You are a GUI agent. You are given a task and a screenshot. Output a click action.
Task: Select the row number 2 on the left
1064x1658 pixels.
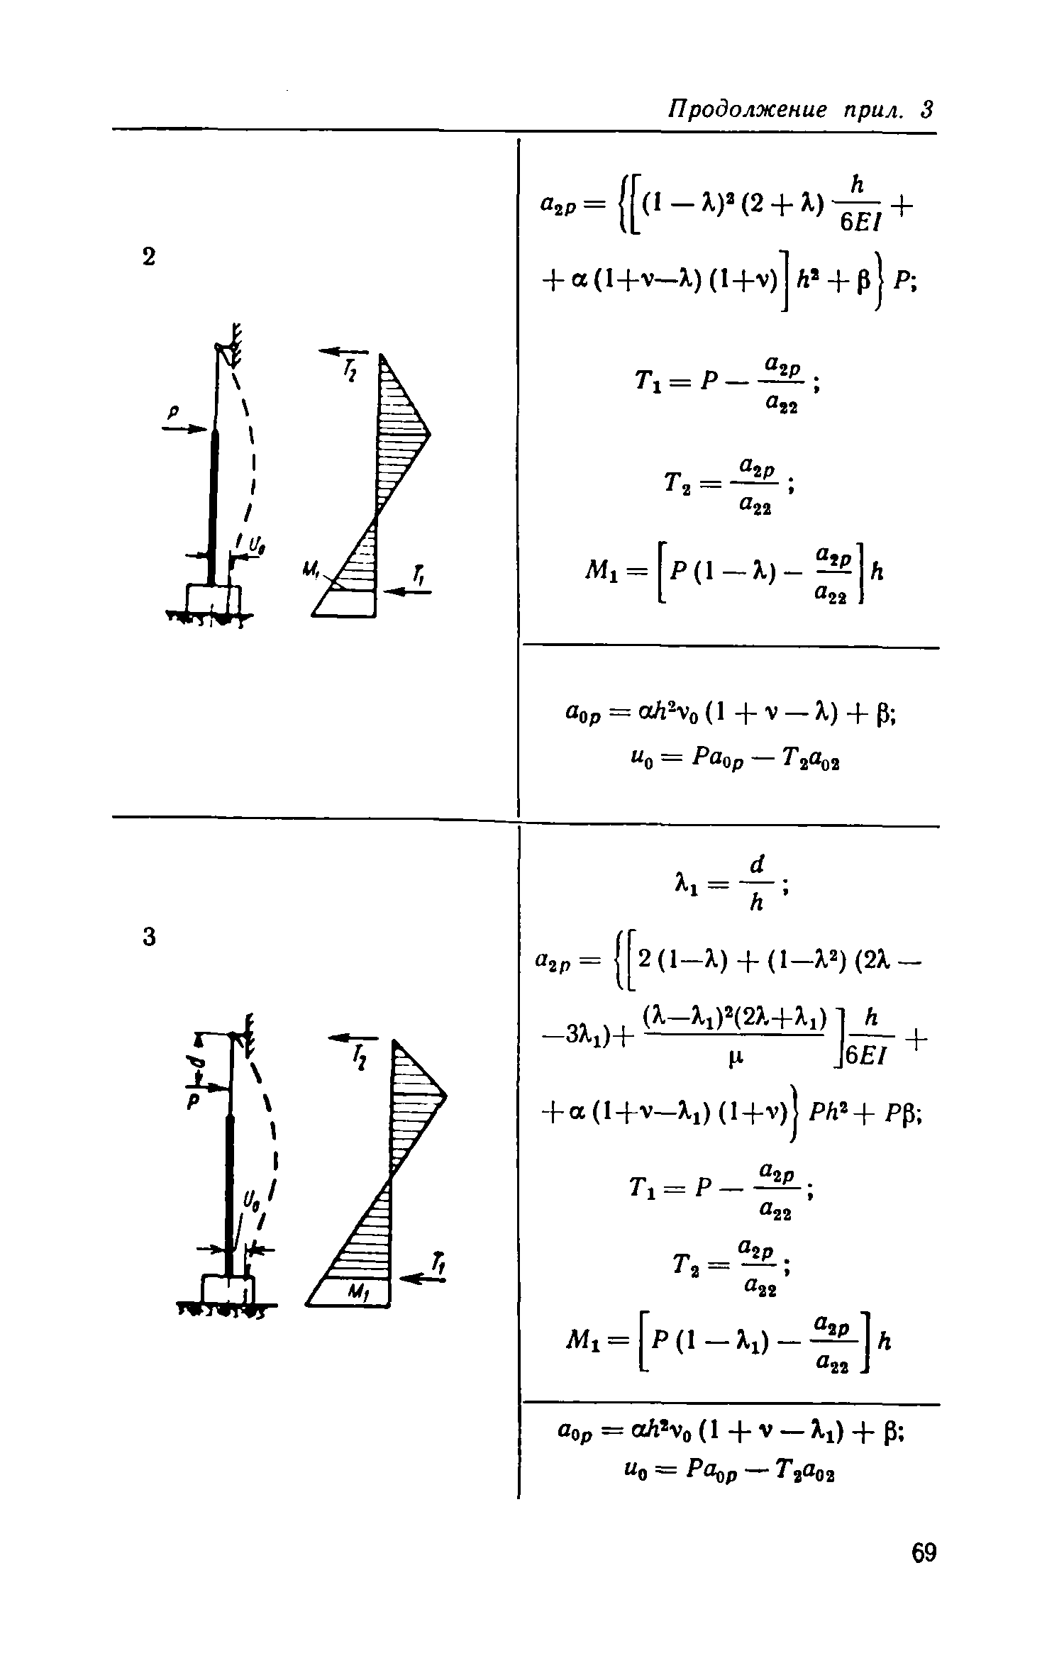click(148, 257)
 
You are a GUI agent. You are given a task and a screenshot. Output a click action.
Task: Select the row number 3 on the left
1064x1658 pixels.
click(149, 938)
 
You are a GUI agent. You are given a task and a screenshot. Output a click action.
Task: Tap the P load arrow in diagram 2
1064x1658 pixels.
click(187, 428)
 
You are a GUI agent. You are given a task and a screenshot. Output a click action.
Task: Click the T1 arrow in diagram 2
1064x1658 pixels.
click(406, 592)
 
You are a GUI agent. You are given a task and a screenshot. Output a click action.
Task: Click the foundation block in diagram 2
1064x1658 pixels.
click(213, 598)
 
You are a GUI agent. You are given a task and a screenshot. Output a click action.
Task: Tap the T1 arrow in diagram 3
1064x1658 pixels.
click(423, 1278)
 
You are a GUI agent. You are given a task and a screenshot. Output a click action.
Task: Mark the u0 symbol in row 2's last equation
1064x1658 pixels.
click(636, 761)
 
